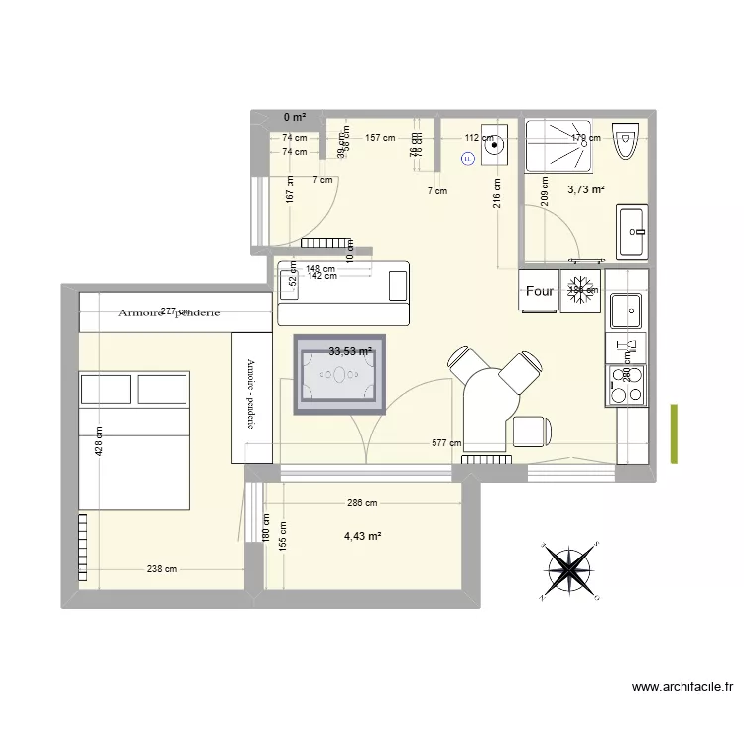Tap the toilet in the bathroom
coord(626,143)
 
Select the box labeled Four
coord(540,292)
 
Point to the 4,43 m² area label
coord(363,537)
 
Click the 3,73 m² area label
coord(586,189)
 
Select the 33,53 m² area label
coord(350,350)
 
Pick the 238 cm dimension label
coord(162,569)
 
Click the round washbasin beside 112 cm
coord(493,145)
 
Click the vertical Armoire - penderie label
coord(251,394)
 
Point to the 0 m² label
coord(295,117)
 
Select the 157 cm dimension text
coord(380,138)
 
